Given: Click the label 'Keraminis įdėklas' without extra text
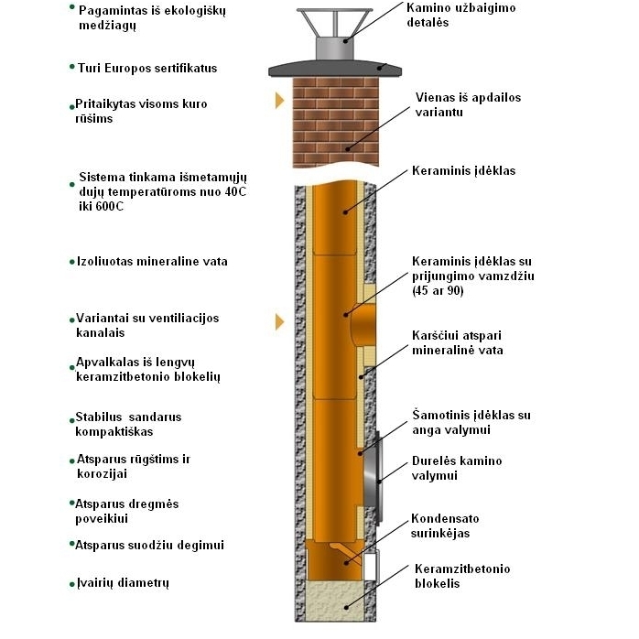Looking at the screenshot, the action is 464,170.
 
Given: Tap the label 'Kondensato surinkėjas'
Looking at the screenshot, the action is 445,525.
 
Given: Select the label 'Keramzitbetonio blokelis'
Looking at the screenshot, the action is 462,576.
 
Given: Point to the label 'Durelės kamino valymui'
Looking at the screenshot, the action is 457,468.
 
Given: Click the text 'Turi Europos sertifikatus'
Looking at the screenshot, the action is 147,68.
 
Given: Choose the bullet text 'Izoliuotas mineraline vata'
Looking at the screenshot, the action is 152,261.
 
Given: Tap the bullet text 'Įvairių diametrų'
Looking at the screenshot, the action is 123,583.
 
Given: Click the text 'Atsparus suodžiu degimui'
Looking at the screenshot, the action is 149,545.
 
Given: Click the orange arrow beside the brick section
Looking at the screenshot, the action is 279,101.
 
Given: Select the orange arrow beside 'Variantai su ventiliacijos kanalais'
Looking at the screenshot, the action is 279,321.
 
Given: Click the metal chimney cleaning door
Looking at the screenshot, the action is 374,477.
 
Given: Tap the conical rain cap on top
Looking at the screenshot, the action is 334,23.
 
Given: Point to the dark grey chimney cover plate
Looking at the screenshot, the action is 335,70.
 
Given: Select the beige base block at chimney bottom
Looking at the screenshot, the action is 334,601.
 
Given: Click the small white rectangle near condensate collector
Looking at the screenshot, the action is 370,567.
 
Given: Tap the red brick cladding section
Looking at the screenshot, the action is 336,123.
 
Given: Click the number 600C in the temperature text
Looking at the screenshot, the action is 109,206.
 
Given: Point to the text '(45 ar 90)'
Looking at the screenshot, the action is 438,290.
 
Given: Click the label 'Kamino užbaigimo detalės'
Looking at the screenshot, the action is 460,15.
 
